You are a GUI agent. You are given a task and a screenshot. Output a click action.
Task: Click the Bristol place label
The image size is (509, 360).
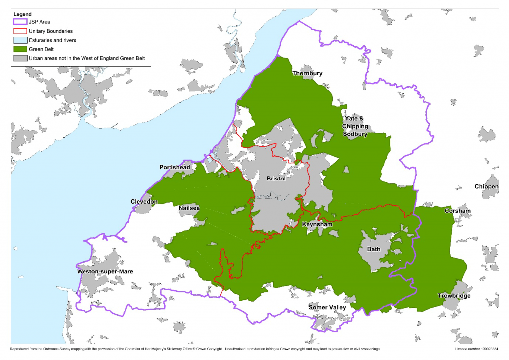click(276, 179)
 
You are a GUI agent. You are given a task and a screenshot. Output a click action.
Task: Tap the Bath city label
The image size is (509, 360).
click(374, 249)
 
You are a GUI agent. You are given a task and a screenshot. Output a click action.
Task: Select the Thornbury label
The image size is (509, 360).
click(307, 73)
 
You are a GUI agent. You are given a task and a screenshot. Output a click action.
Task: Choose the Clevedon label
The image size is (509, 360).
click(144, 202)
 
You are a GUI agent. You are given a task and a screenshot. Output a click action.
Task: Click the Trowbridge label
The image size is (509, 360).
click(454, 296)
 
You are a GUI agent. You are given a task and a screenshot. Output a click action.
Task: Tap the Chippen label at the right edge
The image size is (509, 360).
click(486, 187)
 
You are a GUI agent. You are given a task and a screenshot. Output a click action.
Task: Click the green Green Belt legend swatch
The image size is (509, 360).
click(20, 49)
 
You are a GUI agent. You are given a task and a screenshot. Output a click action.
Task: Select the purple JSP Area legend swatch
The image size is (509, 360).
click(20, 22)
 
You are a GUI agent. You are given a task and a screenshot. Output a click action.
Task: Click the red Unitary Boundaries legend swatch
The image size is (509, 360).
click(20, 31)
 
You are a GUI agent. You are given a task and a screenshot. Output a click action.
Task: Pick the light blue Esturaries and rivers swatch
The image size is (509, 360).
click(20, 40)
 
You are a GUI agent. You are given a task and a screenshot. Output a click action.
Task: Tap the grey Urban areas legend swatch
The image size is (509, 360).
click(20, 58)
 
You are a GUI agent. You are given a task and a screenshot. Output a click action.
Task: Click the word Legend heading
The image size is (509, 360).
click(23, 14)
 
